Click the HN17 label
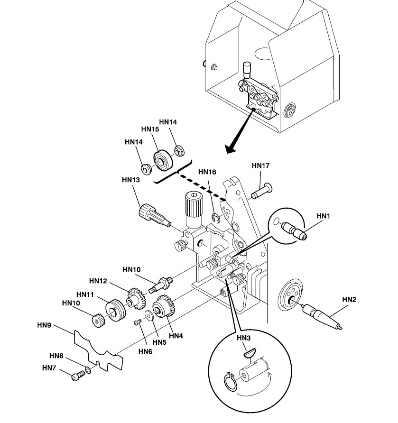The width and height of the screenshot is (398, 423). (260, 166)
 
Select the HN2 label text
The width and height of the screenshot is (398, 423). (350, 300)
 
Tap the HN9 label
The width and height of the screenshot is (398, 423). (44, 325)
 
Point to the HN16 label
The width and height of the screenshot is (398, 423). (207, 172)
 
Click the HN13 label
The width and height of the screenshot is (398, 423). (130, 180)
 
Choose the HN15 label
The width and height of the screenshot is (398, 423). (150, 129)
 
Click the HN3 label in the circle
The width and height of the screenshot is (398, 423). (244, 338)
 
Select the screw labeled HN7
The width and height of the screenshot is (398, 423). (77, 377)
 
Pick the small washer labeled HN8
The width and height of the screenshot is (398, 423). (88, 369)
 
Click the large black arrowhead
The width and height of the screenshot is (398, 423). (231, 150)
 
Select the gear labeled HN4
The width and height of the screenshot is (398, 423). (163, 307)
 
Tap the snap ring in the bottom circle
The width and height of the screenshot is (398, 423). (230, 382)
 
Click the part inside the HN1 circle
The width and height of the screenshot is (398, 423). (294, 230)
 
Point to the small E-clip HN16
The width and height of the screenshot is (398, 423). (216, 218)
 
